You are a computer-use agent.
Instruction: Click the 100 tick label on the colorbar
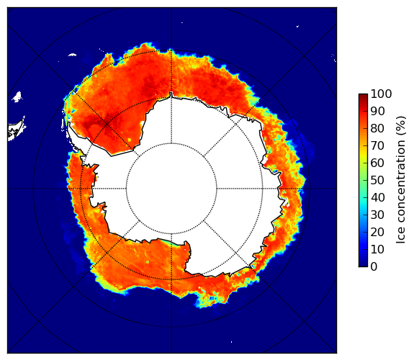coord(381,94)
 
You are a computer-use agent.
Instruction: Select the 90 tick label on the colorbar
coord(377,111)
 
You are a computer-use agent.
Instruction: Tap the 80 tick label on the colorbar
coord(377,128)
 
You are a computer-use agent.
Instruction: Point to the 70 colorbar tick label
coord(377,145)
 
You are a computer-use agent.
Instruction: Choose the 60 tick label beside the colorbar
coord(377,163)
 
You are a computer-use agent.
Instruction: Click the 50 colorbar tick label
coord(377,181)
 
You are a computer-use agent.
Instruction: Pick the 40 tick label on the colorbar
coord(377,197)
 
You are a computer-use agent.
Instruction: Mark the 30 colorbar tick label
coord(377,215)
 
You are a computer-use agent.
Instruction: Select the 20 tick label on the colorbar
coord(377,232)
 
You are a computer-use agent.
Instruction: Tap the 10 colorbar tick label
coord(377,249)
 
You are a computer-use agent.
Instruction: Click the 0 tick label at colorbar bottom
coord(374,267)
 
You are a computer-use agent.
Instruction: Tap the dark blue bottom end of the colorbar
coord(363,265)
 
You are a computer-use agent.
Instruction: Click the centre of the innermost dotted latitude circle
coord(171,189)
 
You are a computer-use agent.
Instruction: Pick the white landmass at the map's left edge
coord(17,130)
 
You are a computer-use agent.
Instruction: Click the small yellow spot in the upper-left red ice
coord(130,140)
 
